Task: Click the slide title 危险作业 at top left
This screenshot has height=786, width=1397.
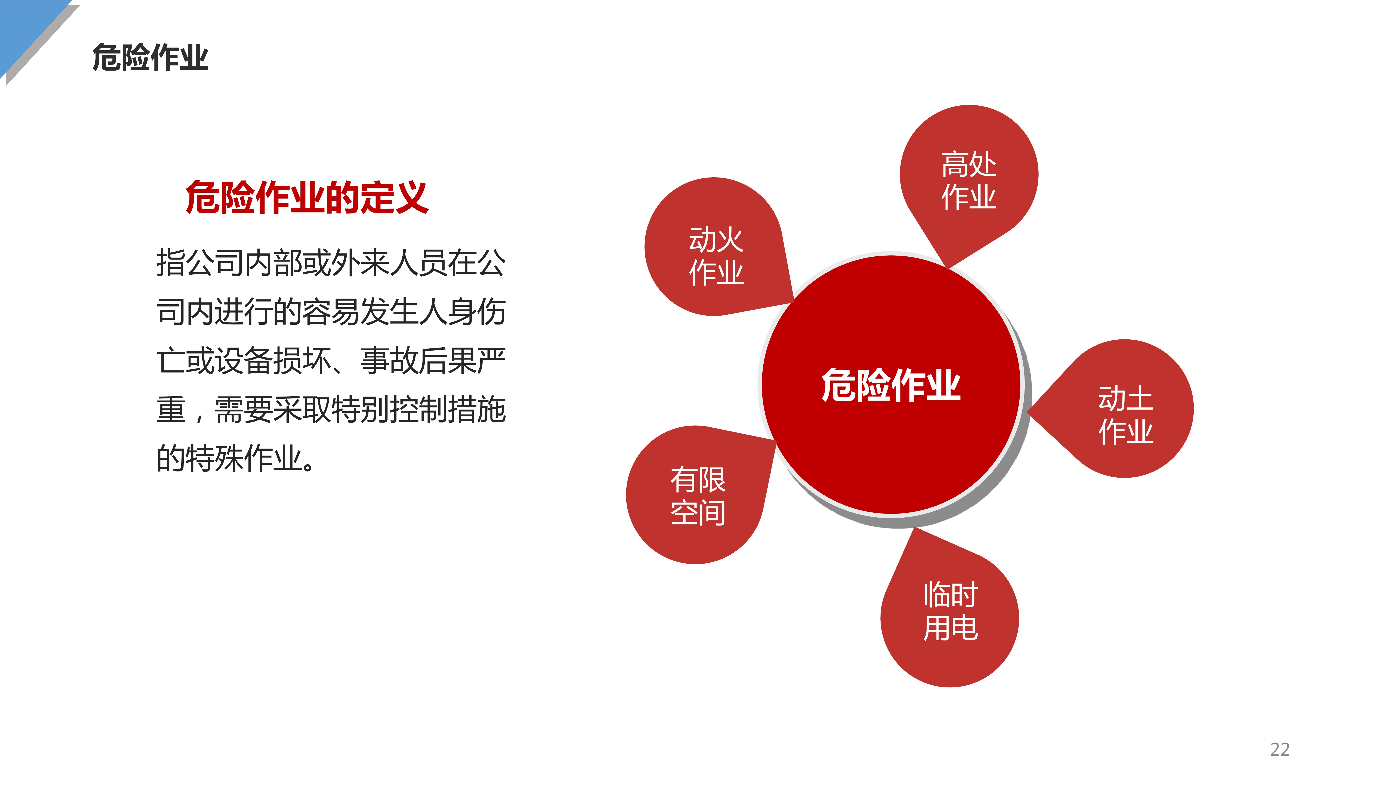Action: pos(150,58)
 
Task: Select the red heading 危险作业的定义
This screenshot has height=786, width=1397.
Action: pos(307,197)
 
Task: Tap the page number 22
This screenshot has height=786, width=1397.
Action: pos(1279,749)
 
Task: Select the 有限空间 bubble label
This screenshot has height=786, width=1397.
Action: pos(698,496)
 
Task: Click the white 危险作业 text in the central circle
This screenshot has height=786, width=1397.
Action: pos(891,385)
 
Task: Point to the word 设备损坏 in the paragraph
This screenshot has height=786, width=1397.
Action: pos(273,361)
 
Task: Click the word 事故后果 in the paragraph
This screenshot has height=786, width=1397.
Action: pos(419,361)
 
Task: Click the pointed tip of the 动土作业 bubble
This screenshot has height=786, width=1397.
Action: pos(1027,413)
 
